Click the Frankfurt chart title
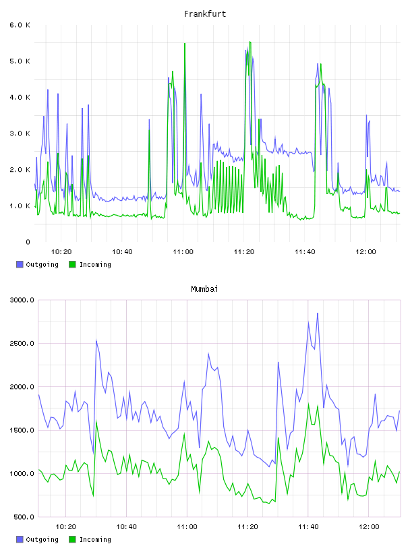click(205, 14)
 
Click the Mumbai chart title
click(204, 289)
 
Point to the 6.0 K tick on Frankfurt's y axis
click(20, 25)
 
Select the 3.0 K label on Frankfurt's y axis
click(20, 133)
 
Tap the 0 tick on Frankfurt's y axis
click(28, 242)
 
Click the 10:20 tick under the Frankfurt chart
click(61, 251)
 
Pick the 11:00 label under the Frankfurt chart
click(183, 251)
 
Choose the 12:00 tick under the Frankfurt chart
click(365, 251)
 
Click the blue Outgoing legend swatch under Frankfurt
click(20, 264)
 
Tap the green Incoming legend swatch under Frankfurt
click(72, 264)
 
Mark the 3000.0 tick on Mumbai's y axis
click(22, 300)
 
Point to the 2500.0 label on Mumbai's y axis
click(22, 343)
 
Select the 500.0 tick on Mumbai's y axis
click(24, 517)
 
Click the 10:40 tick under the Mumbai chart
click(126, 526)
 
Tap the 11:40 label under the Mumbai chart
click(308, 526)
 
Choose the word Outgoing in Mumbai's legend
click(42, 539)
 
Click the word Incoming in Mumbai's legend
click(95, 539)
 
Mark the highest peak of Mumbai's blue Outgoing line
click(318, 313)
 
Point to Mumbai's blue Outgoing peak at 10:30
click(96, 340)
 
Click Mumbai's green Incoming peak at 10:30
click(96, 422)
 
